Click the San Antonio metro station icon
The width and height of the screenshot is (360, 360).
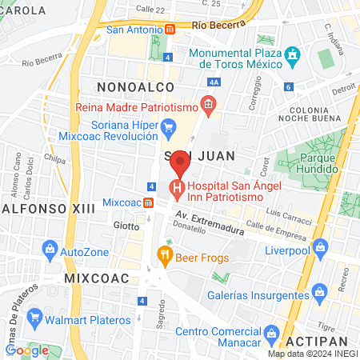point(170,30)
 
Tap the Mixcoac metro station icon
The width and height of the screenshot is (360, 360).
point(148,202)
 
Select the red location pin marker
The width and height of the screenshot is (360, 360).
point(181,162)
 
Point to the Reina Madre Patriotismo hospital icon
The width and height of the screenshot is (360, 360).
point(209,104)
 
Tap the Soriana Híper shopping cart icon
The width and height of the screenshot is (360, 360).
point(168,127)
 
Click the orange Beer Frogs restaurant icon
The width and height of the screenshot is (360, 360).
point(164,257)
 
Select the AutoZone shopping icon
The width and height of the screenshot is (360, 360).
point(50,251)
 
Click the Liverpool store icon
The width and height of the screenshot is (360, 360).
point(320,246)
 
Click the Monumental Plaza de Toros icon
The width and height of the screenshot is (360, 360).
point(294,55)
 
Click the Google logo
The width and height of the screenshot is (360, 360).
point(27,350)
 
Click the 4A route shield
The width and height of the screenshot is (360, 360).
point(213,82)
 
